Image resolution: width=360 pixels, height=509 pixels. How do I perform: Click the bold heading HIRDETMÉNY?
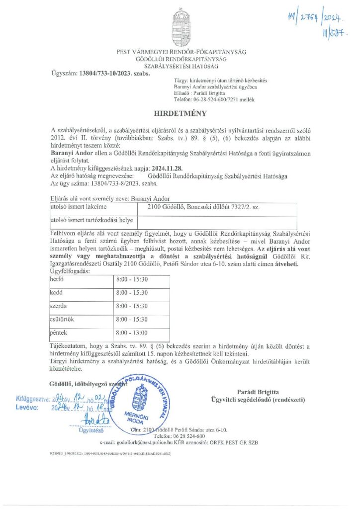pyautogui.click(x=180, y=113)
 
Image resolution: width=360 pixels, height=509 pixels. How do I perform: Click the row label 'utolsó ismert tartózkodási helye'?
pyautogui.click(x=87, y=219)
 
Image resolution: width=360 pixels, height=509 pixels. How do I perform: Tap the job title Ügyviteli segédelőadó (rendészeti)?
pyautogui.click(x=271, y=399)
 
